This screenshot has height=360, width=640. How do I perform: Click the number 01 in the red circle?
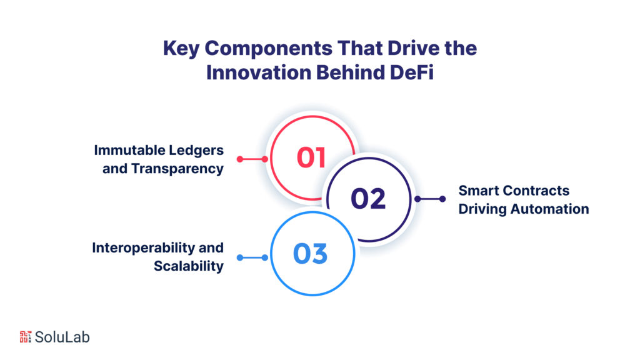(311, 158)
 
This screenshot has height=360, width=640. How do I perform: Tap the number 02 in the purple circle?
(368, 199)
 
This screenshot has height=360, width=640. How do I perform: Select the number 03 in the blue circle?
(311, 254)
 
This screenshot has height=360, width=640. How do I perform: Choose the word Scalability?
(189, 266)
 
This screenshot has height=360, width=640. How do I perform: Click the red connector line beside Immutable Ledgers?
(252, 159)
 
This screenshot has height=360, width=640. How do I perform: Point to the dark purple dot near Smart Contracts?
(442, 199)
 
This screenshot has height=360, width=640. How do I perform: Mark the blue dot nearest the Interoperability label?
(240, 257)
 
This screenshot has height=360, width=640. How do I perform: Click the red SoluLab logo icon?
(25, 336)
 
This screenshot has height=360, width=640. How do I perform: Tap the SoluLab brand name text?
(62, 337)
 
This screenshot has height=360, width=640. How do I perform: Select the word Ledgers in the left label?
(196, 151)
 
